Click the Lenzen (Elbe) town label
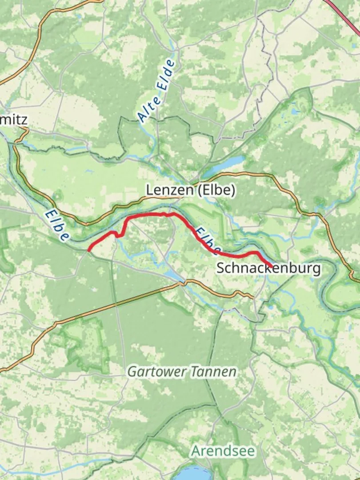pos(191,190)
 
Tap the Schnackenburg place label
pos(268,268)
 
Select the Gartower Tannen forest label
pos(182,371)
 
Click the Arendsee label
pos(223,452)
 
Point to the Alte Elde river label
pos(156,91)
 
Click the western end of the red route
pos(89,250)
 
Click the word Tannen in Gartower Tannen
pos(215,371)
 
